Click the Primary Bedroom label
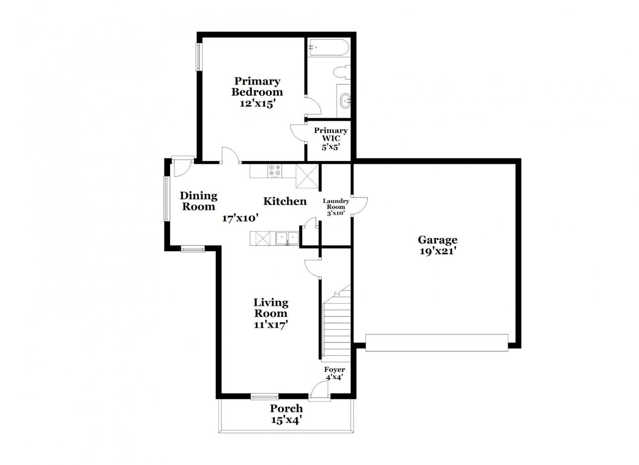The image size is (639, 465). [x=257, y=87]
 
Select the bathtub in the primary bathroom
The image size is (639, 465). [x=328, y=48]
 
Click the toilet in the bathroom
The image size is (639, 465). [x=342, y=72]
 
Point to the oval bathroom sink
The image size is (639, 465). [x=345, y=101]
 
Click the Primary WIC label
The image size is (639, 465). [x=331, y=134]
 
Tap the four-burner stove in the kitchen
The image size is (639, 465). [x=275, y=171]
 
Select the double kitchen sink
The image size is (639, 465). [x=287, y=238]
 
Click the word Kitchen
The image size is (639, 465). [x=285, y=201]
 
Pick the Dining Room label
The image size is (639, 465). [x=199, y=201]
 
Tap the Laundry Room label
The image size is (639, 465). [x=336, y=204]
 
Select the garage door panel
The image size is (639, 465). [x=437, y=343]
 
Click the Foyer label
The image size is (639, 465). [x=334, y=369]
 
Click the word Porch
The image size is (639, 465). [x=286, y=408]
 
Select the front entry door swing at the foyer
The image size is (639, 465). [x=319, y=391]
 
